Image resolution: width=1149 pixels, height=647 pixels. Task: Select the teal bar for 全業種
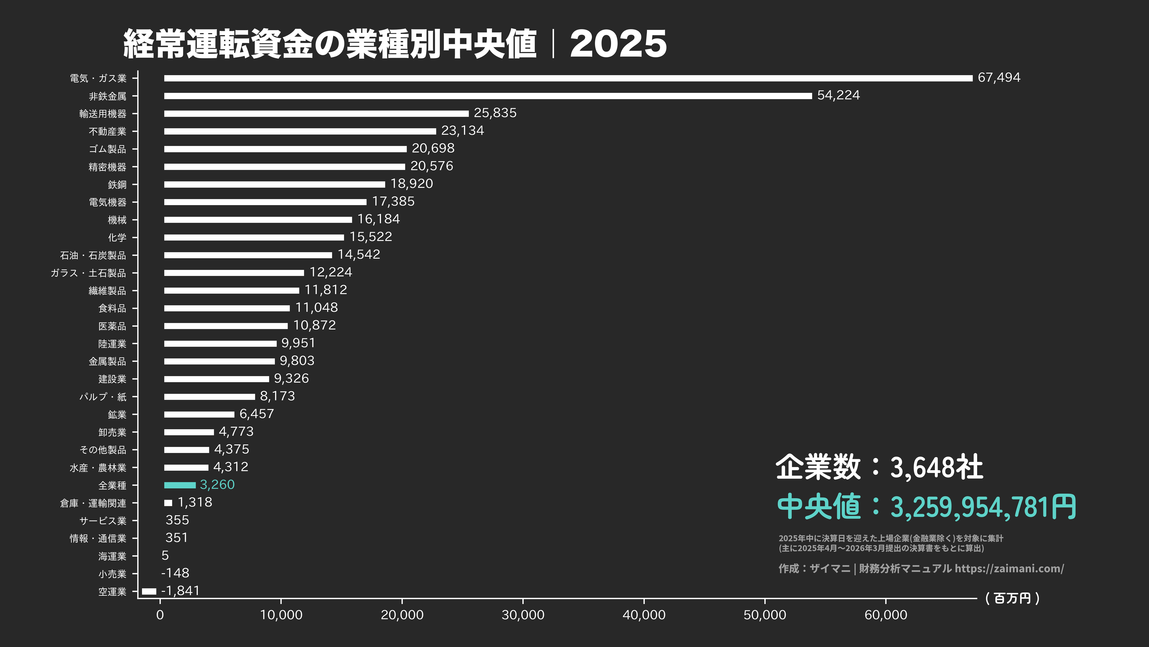[x=180, y=485]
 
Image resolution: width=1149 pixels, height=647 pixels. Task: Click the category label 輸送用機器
[x=102, y=114]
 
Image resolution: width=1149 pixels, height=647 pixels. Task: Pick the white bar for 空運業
[x=149, y=591]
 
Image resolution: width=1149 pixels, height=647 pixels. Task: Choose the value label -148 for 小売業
[x=175, y=573]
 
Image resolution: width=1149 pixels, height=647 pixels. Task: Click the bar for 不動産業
[x=300, y=131]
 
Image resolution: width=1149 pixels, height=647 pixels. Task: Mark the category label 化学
[x=117, y=237]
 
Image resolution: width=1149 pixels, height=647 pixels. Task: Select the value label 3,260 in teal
[x=217, y=485]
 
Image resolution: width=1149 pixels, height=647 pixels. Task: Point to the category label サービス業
[x=102, y=521]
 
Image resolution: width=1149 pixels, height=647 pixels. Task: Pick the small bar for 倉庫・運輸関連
[x=168, y=503]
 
